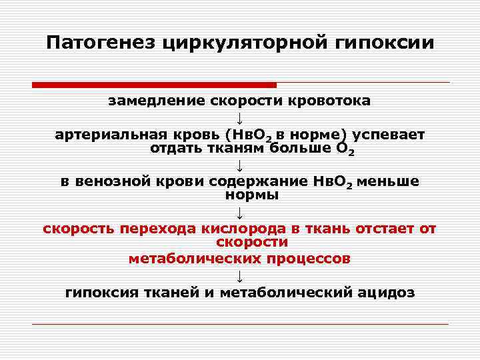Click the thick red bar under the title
coord(154,85)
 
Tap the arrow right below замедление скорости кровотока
coord(240,119)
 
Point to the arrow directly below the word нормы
coord(240,212)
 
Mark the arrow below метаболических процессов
coord(240,275)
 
